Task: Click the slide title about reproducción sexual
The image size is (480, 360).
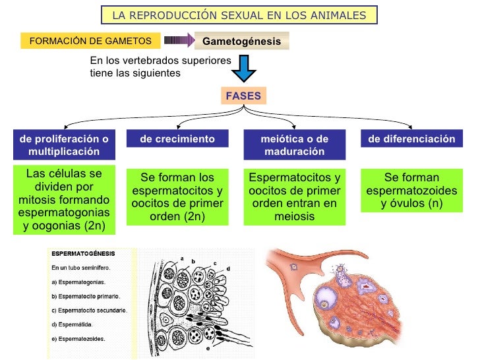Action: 239,15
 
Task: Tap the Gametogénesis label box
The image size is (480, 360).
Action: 241,41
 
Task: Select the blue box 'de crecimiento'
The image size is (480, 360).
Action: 177,139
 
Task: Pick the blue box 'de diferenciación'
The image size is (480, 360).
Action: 411,139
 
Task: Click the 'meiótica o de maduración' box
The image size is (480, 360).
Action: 294,144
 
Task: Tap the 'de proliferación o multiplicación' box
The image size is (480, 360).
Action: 63,144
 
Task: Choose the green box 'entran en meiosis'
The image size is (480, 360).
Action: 294,197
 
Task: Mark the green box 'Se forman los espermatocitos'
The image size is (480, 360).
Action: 177,197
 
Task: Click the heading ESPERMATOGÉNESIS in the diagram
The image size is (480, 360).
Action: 83,253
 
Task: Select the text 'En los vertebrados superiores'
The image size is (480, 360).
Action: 160,60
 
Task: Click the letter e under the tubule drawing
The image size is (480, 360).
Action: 208,347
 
